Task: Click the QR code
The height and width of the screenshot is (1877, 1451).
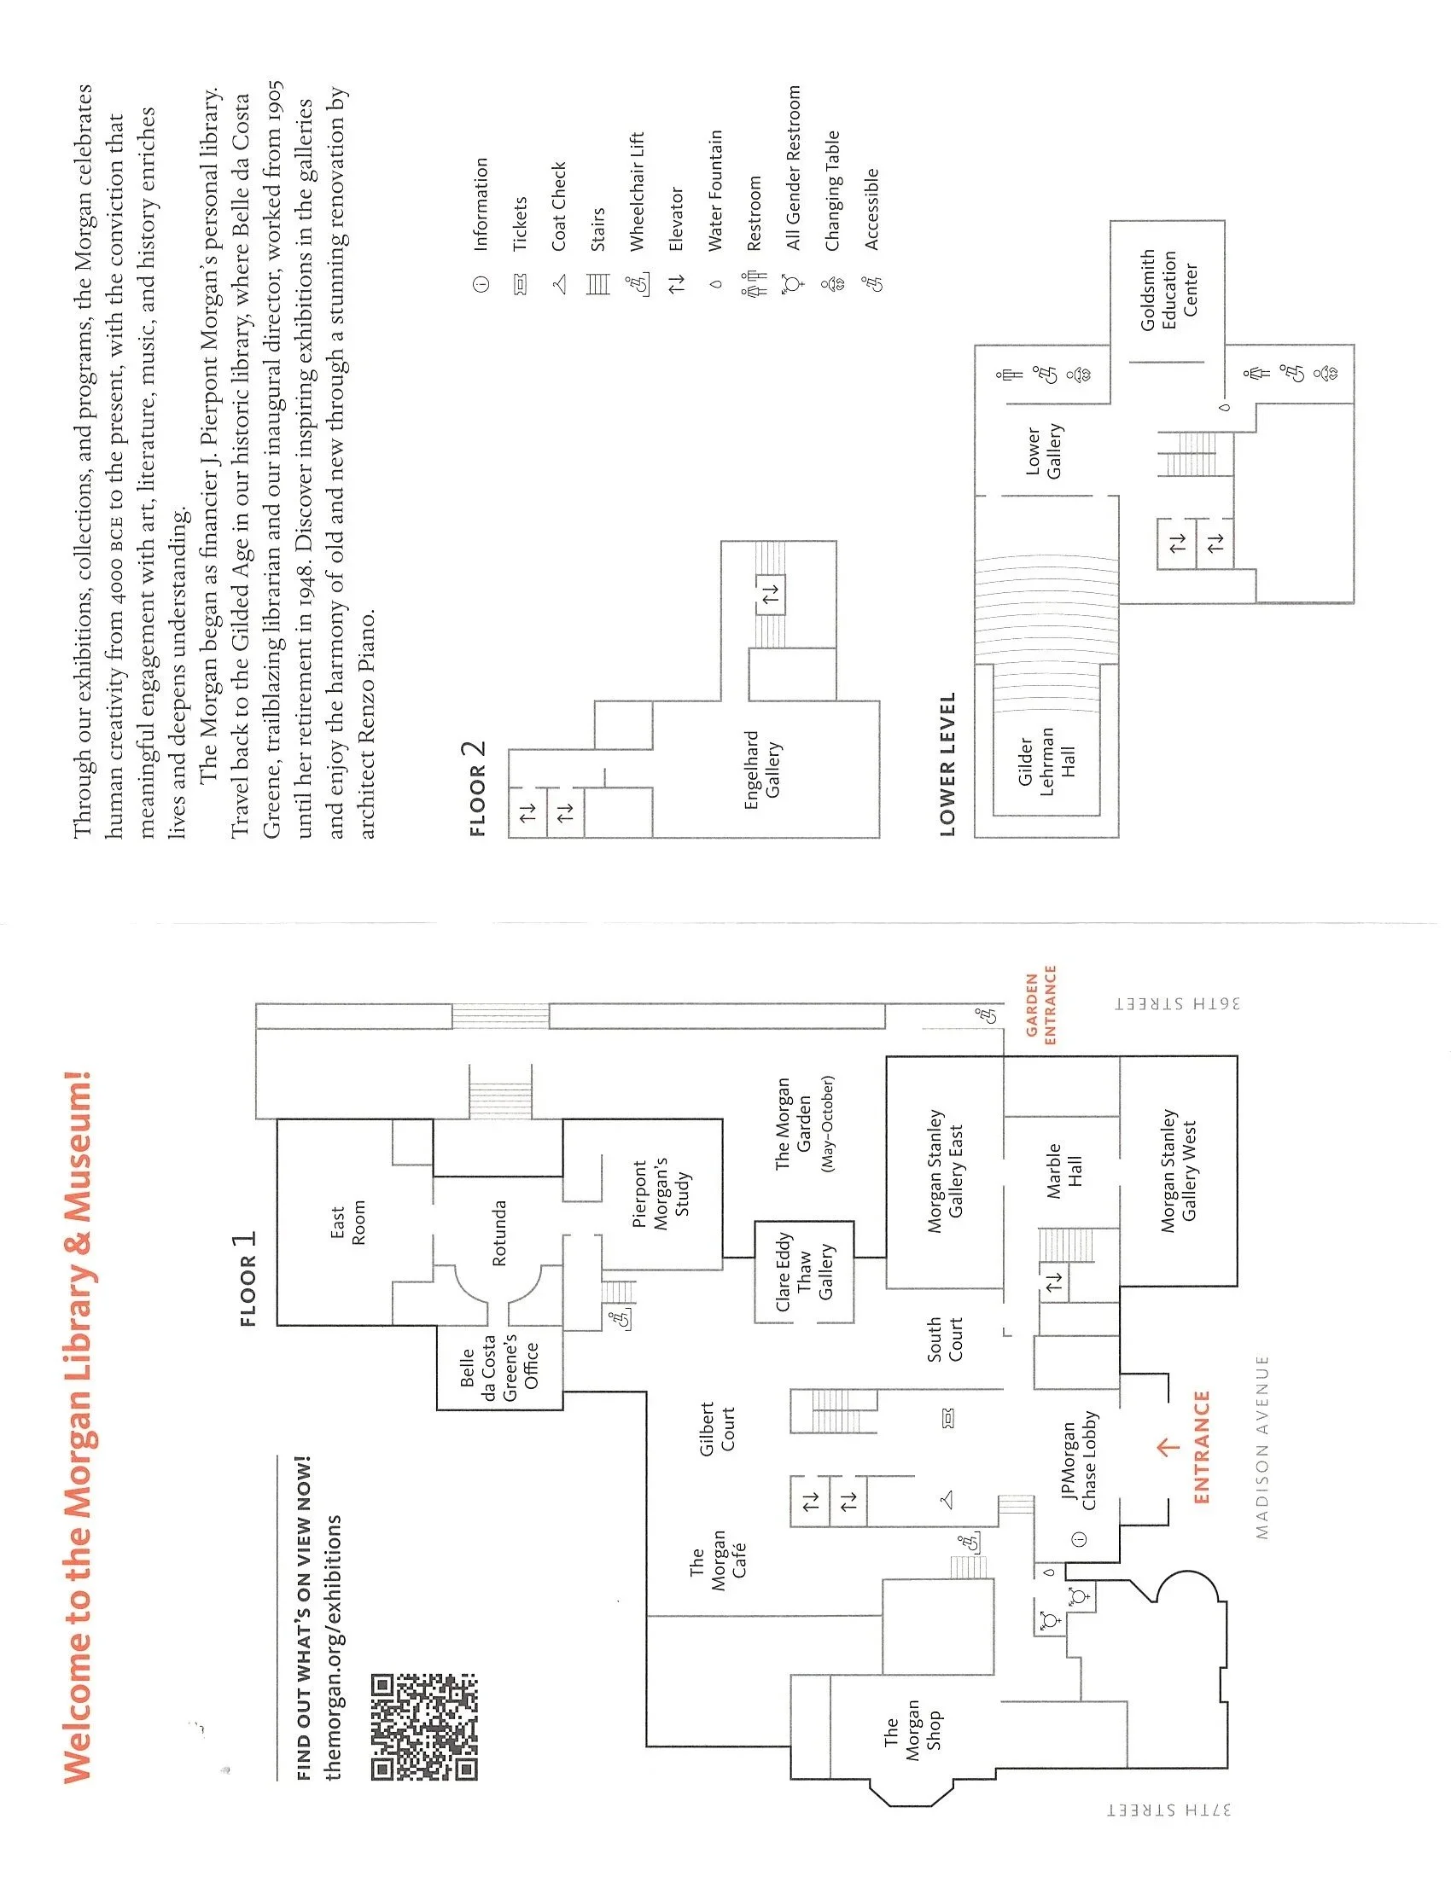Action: point(424,1726)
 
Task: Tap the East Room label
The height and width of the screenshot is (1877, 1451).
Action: point(347,1223)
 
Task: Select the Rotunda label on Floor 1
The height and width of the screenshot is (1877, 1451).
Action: point(499,1234)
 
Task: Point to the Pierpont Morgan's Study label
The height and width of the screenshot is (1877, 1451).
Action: point(661,1194)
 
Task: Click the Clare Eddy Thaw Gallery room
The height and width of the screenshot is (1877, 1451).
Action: point(804,1272)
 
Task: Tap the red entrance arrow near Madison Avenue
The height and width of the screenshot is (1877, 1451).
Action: point(1168,1447)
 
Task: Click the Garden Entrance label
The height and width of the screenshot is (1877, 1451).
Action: point(1040,1006)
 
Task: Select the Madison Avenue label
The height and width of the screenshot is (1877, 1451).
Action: point(1262,1447)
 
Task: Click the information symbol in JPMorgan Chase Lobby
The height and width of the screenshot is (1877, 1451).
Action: point(1081,1538)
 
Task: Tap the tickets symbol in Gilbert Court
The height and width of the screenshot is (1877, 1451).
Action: point(949,1418)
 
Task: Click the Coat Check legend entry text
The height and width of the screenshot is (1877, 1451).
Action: point(559,206)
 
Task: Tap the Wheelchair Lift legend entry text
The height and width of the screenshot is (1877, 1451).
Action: point(637,191)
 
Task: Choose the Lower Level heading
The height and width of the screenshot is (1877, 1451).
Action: point(947,764)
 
